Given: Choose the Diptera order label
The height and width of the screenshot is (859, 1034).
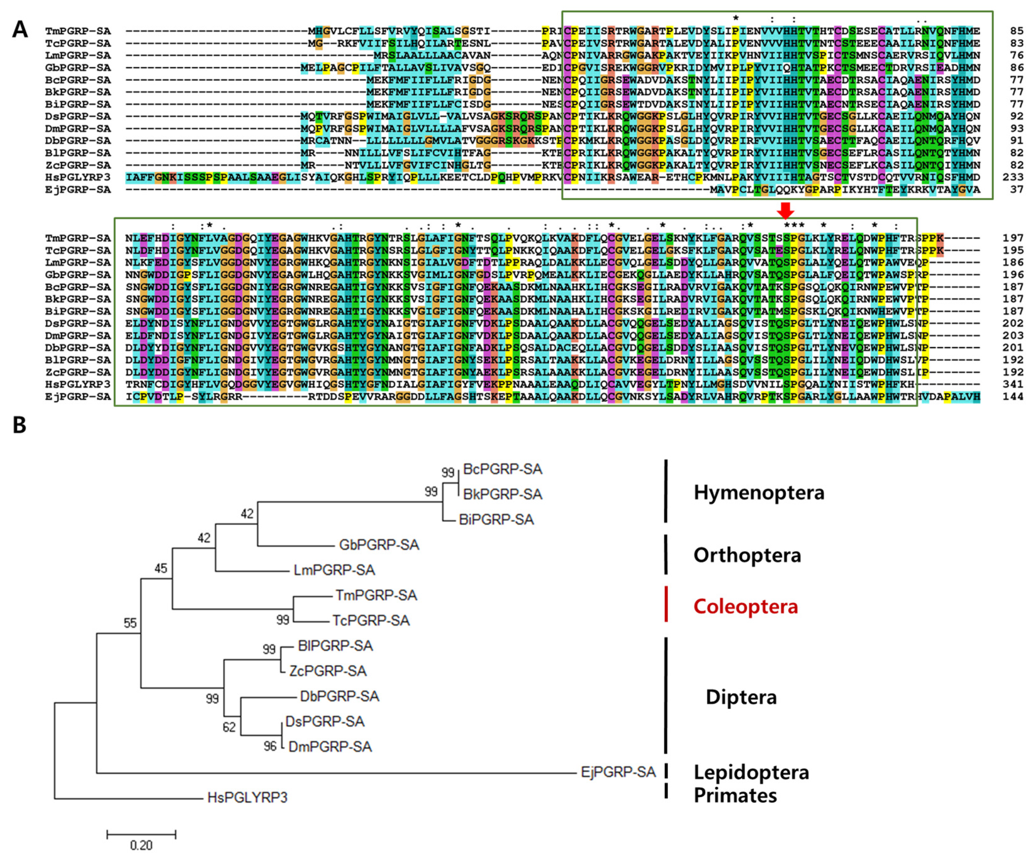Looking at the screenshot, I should [x=741, y=697].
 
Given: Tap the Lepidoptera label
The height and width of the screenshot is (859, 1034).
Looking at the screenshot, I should [x=751, y=772].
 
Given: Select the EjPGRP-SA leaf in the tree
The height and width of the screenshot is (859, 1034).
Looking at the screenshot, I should [x=618, y=772].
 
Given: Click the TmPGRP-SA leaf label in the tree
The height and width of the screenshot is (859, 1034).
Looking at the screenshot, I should [x=376, y=595].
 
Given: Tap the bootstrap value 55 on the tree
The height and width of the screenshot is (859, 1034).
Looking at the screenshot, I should [x=130, y=623].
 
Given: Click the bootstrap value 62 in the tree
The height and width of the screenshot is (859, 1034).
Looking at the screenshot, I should [x=229, y=727].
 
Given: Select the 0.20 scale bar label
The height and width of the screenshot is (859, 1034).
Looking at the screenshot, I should [x=141, y=845].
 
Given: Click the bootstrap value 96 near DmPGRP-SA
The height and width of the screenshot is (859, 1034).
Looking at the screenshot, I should [x=270, y=746].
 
